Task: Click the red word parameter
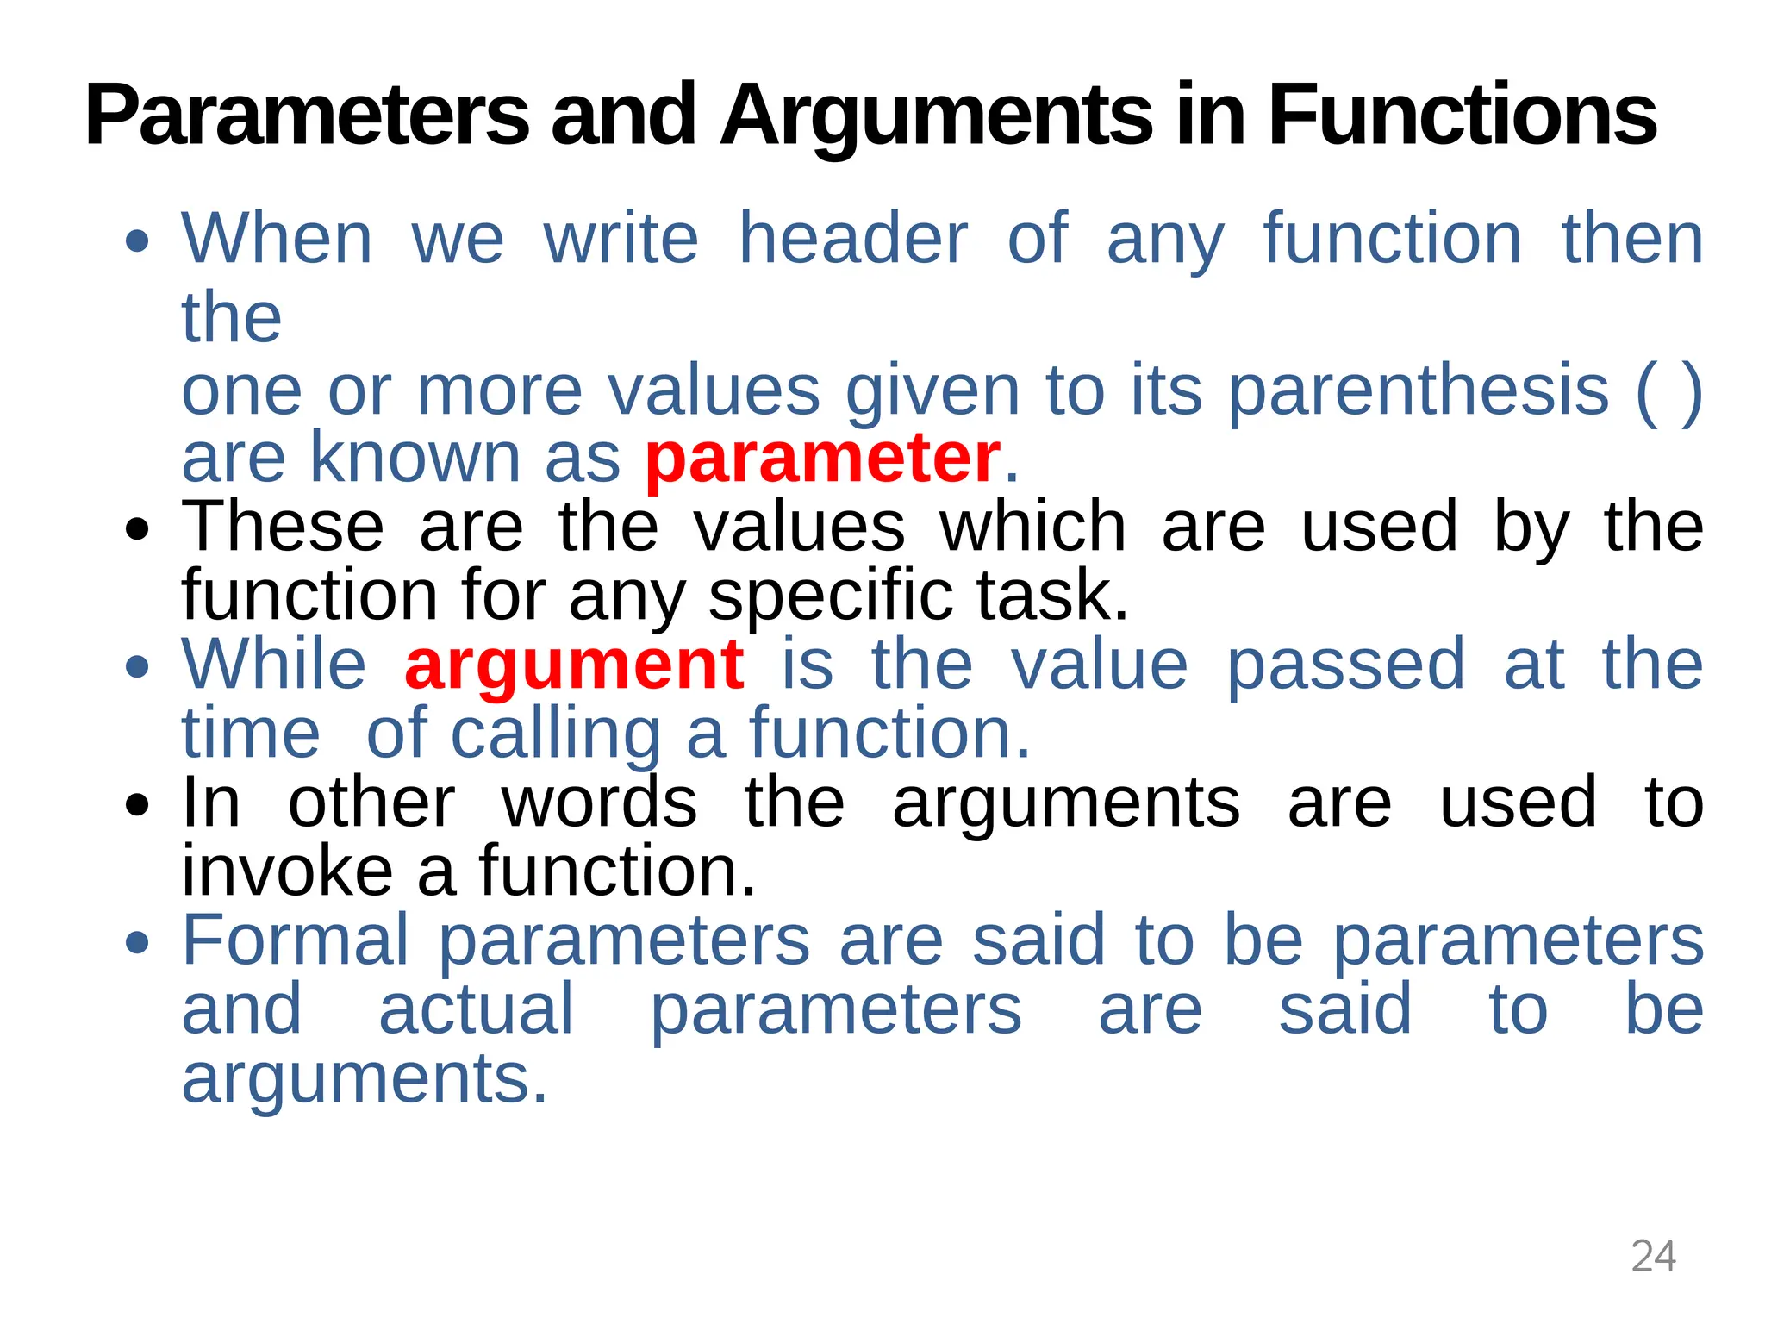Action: coord(823,458)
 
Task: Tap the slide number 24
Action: coord(1653,1256)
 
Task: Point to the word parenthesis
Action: coord(1419,390)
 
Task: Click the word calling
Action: coord(556,734)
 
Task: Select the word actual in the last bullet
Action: coord(476,1009)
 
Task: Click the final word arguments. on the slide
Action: coord(365,1078)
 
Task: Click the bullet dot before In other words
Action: coord(136,805)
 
